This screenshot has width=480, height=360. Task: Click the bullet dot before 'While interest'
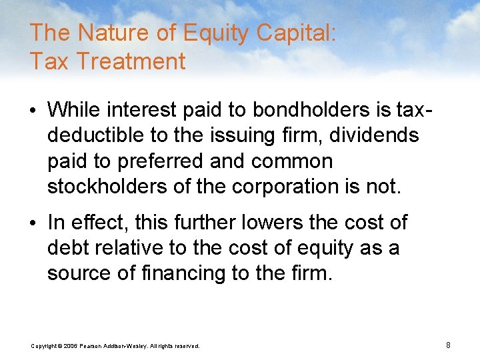(x=34, y=109)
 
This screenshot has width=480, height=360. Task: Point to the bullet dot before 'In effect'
(x=34, y=223)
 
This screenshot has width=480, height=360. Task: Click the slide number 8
(x=448, y=345)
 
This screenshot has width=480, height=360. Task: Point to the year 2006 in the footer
(x=71, y=346)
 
